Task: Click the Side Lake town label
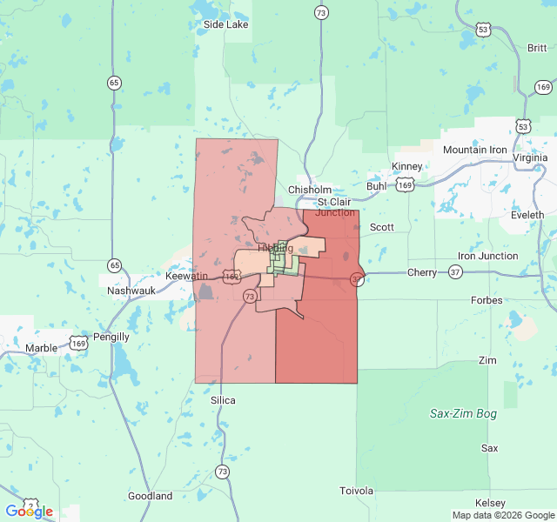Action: [225, 24]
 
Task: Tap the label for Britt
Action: [537, 48]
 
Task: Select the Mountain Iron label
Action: [474, 150]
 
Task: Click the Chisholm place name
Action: [310, 190]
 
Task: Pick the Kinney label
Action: [407, 166]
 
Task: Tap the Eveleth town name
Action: [527, 214]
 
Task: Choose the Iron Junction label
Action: [487, 256]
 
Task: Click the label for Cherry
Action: [422, 272]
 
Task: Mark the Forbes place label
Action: [487, 300]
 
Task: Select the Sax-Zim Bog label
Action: [463, 414]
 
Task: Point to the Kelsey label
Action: [490, 504]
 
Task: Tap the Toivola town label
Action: [356, 491]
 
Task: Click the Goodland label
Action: [150, 496]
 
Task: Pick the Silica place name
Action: [223, 400]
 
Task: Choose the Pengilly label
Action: [111, 337]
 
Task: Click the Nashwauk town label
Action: [131, 291]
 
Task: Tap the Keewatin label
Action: [187, 276]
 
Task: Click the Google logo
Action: [29, 512]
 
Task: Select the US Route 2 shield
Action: [31, 504]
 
